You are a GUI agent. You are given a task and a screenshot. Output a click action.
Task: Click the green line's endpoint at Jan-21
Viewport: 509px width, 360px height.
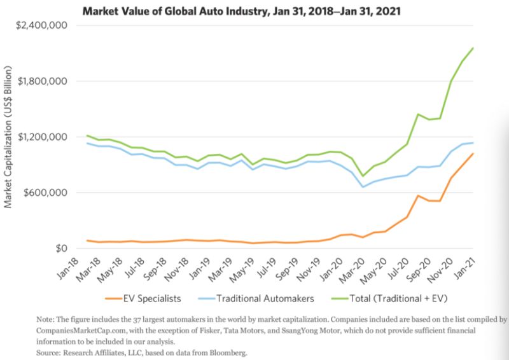click(473, 48)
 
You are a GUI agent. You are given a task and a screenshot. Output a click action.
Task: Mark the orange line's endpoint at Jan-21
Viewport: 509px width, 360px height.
click(473, 153)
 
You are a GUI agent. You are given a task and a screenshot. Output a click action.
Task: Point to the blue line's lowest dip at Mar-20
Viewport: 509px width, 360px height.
click(363, 187)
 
